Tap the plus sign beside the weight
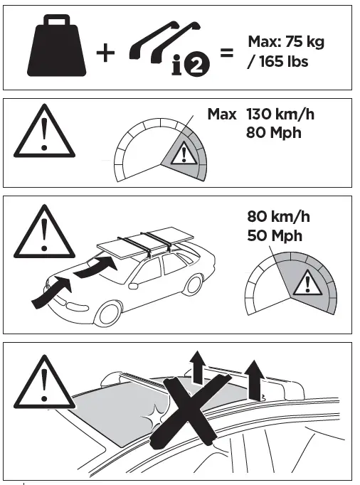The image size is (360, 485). pyautogui.click(x=105, y=54)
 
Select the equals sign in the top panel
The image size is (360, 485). pyautogui.click(x=227, y=54)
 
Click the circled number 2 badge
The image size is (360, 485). pyautogui.click(x=194, y=70)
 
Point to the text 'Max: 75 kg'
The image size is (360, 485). pyautogui.click(x=285, y=42)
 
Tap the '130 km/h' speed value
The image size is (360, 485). pyautogui.click(x=279, y=114)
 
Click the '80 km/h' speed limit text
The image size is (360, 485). pyautogui.click(x=279, y=216)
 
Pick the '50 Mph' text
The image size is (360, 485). pyautogui.click(x=275, y=235)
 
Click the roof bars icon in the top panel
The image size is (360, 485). pyautogui.click(x=164, y=44)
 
